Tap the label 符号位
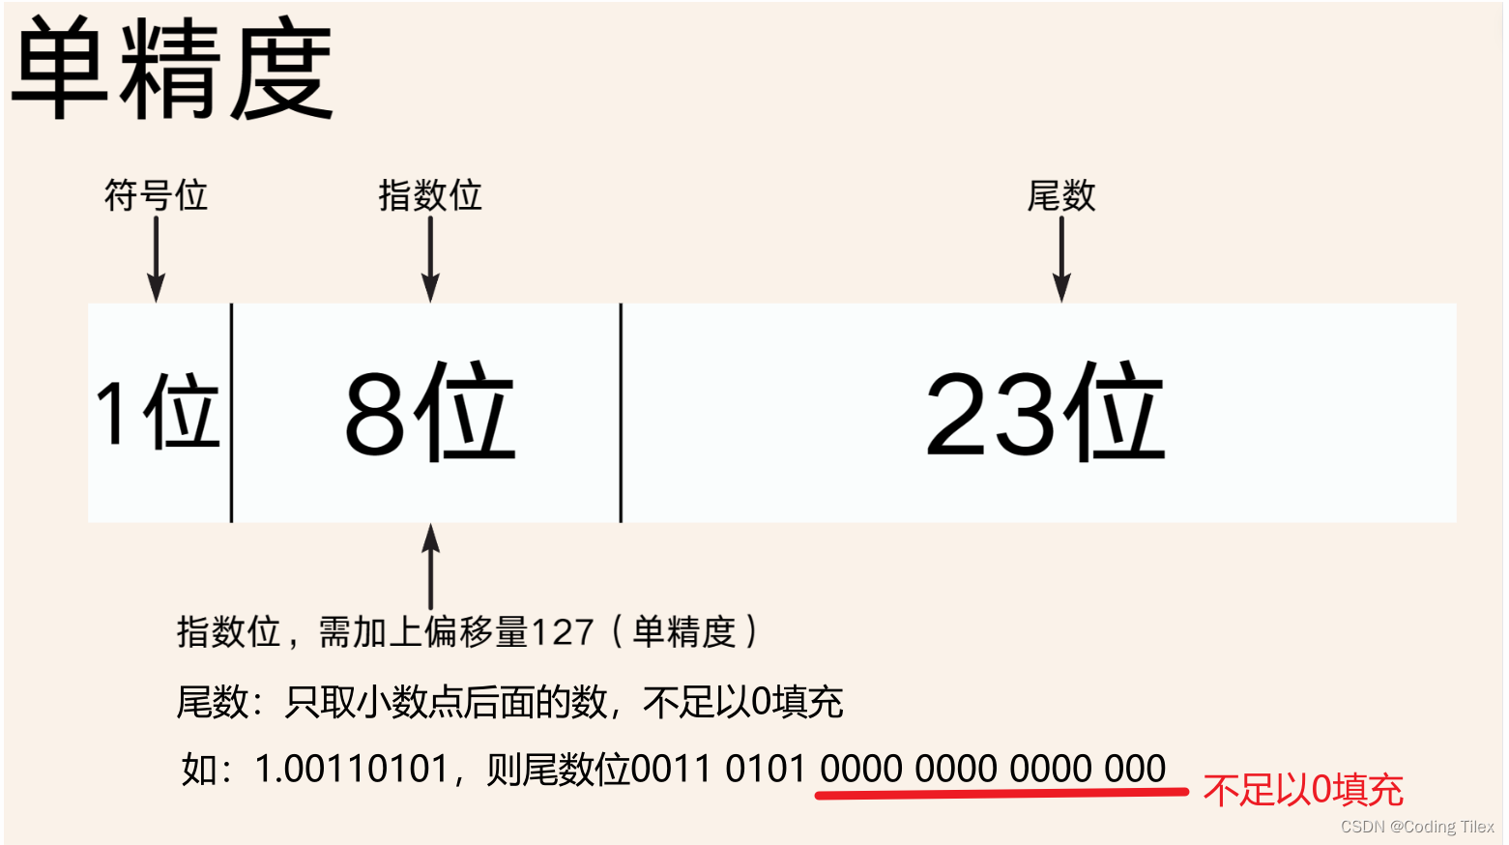156,195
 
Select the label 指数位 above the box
430,195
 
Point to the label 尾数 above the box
1060,196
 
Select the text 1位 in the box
158,413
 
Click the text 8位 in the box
430,413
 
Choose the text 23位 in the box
1044,413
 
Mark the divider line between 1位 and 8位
232,413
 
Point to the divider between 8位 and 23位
621,413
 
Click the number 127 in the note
562,632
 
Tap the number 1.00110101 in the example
351,770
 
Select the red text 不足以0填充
1303,791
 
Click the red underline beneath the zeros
1001,794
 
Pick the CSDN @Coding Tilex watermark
1417,827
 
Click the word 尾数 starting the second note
212,702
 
